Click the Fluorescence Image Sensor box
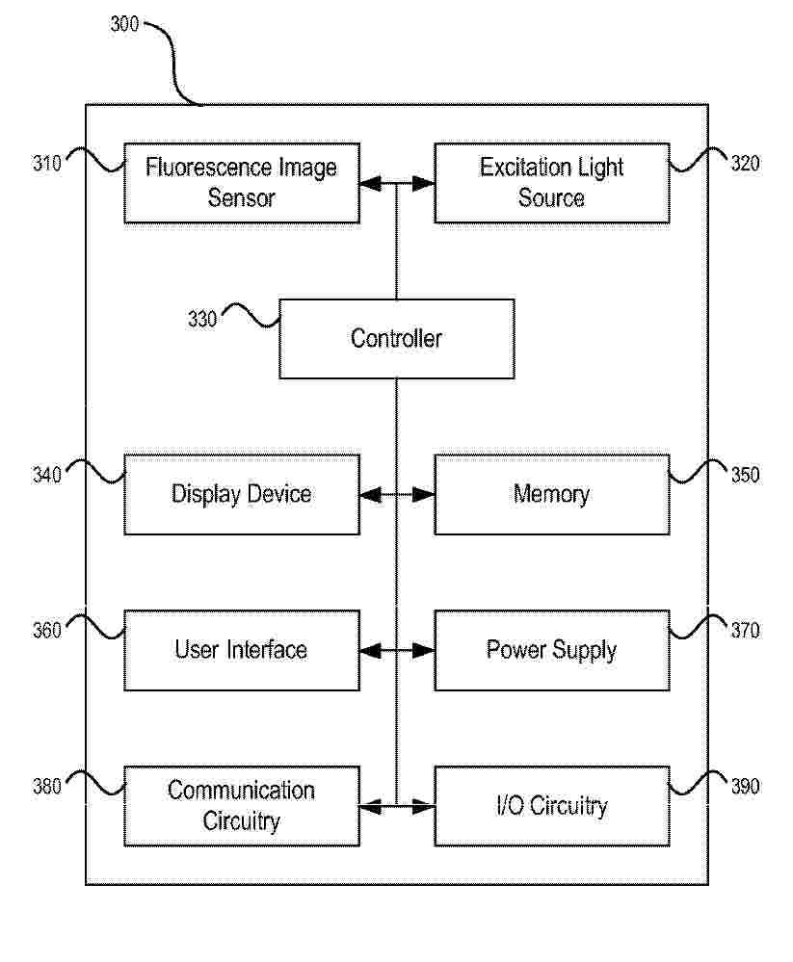[242, 183]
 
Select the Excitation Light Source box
[552, 183]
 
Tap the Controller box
[397, 339]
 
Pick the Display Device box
[242, 495]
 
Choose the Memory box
[552, 495]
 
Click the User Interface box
[242, 650]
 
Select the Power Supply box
[552, 650]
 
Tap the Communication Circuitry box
[242, 806]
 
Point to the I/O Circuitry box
[552, 806]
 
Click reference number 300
[124, 24]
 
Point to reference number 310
[47, 163]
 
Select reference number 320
[745, 163]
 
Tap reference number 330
[202, 319]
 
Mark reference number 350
[745, 475]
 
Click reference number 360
[47, 631]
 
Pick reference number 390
[745, 787]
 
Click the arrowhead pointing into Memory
[424, 495]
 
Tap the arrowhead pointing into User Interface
[370, 650]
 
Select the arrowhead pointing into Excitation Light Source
[424, 183]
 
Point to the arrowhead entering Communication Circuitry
[370, 807]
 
